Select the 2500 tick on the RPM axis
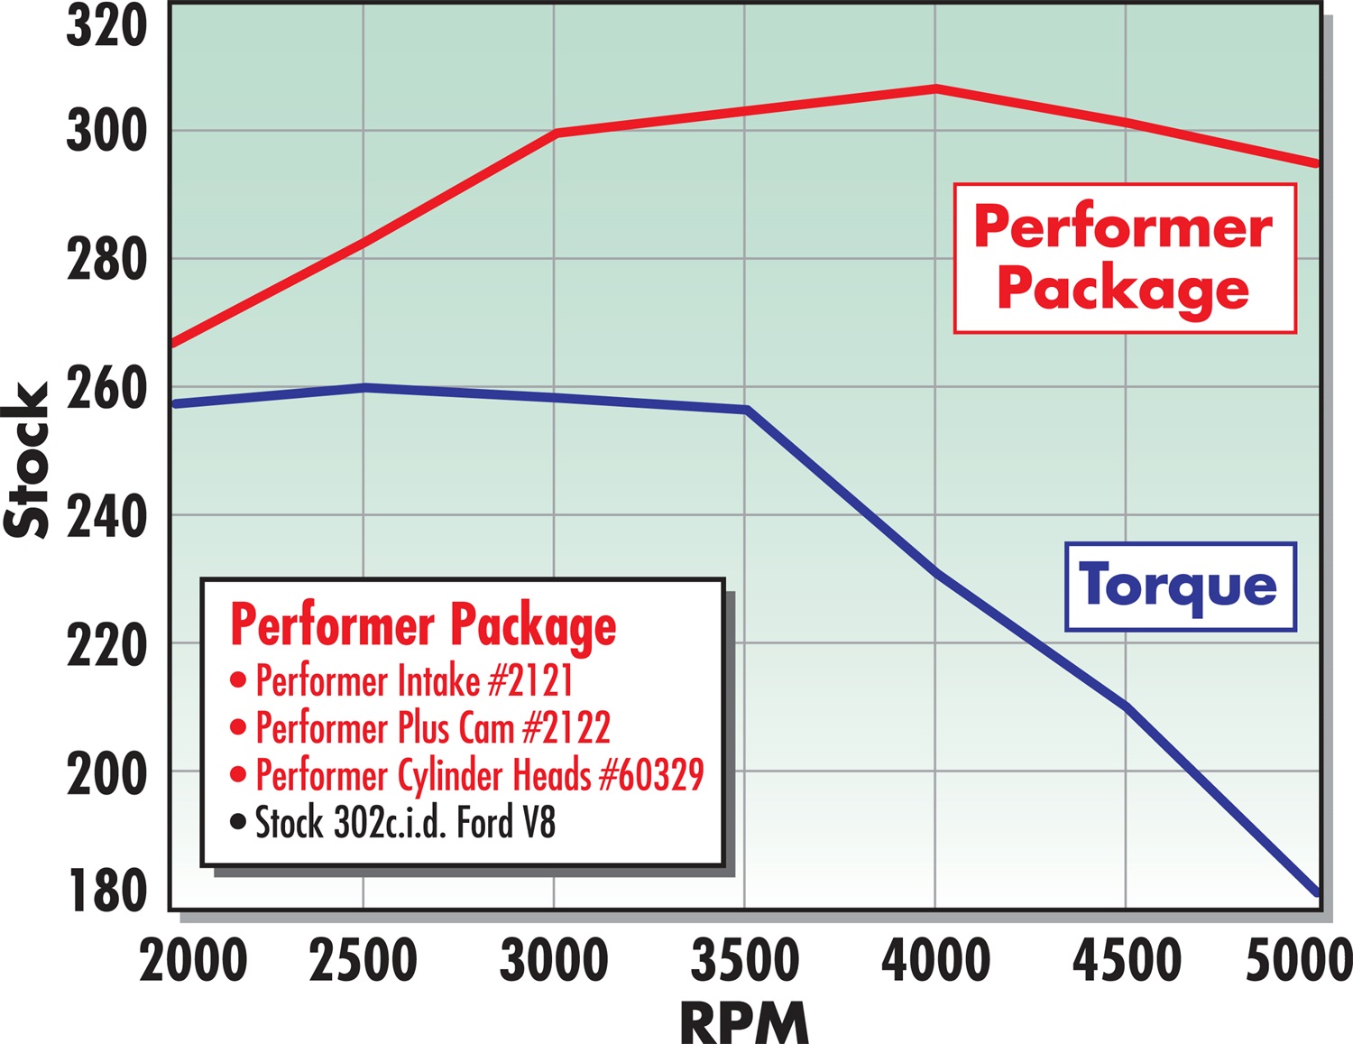363,960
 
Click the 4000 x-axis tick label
935,960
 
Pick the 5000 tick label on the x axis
1299,960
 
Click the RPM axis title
744,1022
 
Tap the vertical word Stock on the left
27,460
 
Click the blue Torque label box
1180,587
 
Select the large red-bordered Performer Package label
1124,258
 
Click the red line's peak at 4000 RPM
935,88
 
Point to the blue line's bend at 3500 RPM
746,410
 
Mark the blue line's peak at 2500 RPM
364,387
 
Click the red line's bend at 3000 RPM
556,133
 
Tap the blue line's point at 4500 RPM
1126,706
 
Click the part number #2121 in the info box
530,680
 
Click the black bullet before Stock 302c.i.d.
238,822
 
